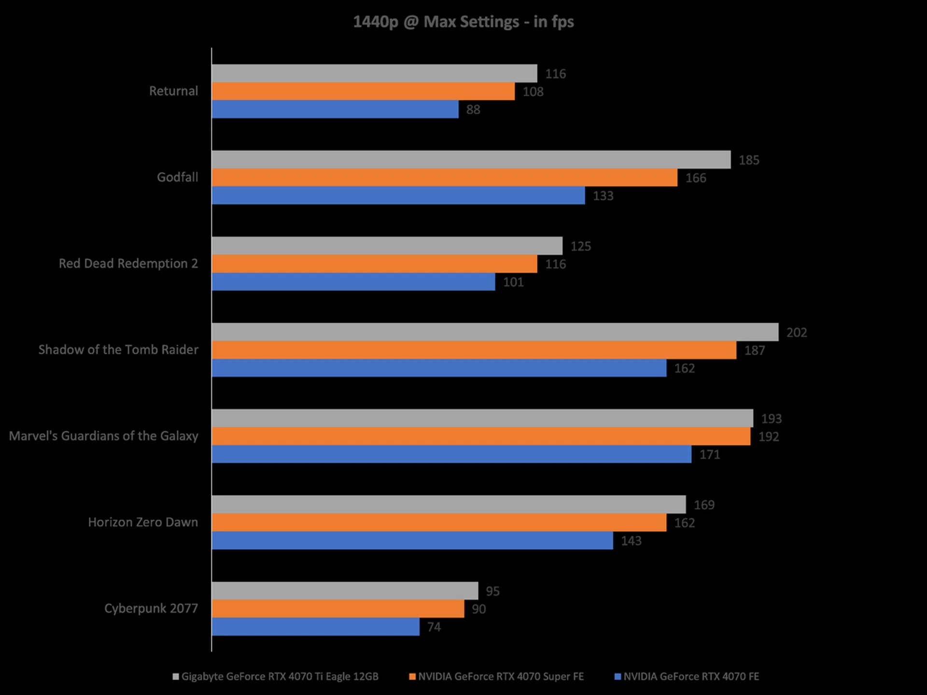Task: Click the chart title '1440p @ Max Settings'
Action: pyautogui.click(x=463, y=22)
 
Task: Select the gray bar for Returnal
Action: pyautogui.click(x=374, y=73)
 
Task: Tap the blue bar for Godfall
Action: pyautogui.click(x=398, y=195)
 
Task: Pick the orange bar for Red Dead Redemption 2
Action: pyautogui.click(x=374, y=264)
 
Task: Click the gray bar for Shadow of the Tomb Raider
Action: pyautogui.click(x=495, y=332)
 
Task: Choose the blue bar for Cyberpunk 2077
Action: pyautogui.click(x=316, y=626)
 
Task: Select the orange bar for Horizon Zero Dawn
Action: pyautogui.click(x=439, y=522)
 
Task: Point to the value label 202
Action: pyautogui.click(x=797, y=333)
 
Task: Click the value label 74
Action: pyautogui.click(x=434, y=627)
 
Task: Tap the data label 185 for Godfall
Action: pyautogui.click(x=749, y=160)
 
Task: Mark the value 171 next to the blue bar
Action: pyautogui.click(x=710, y=455)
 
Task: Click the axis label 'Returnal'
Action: pyautogui.click(x=173, y=91)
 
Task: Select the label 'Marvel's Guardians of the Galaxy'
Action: pyautogui.click(x=104, y=436)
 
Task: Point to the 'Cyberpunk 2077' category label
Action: pyautogui.click(x=151, y=609)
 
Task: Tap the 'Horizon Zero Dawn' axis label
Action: pyautogui.click(x=143, y=522)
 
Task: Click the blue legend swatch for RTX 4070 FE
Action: pyautogui.click(x=618, y=677)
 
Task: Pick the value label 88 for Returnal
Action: pyautogui.click(x=473, y=110)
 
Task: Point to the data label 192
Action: pyautogui.click(x=769, y=437)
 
